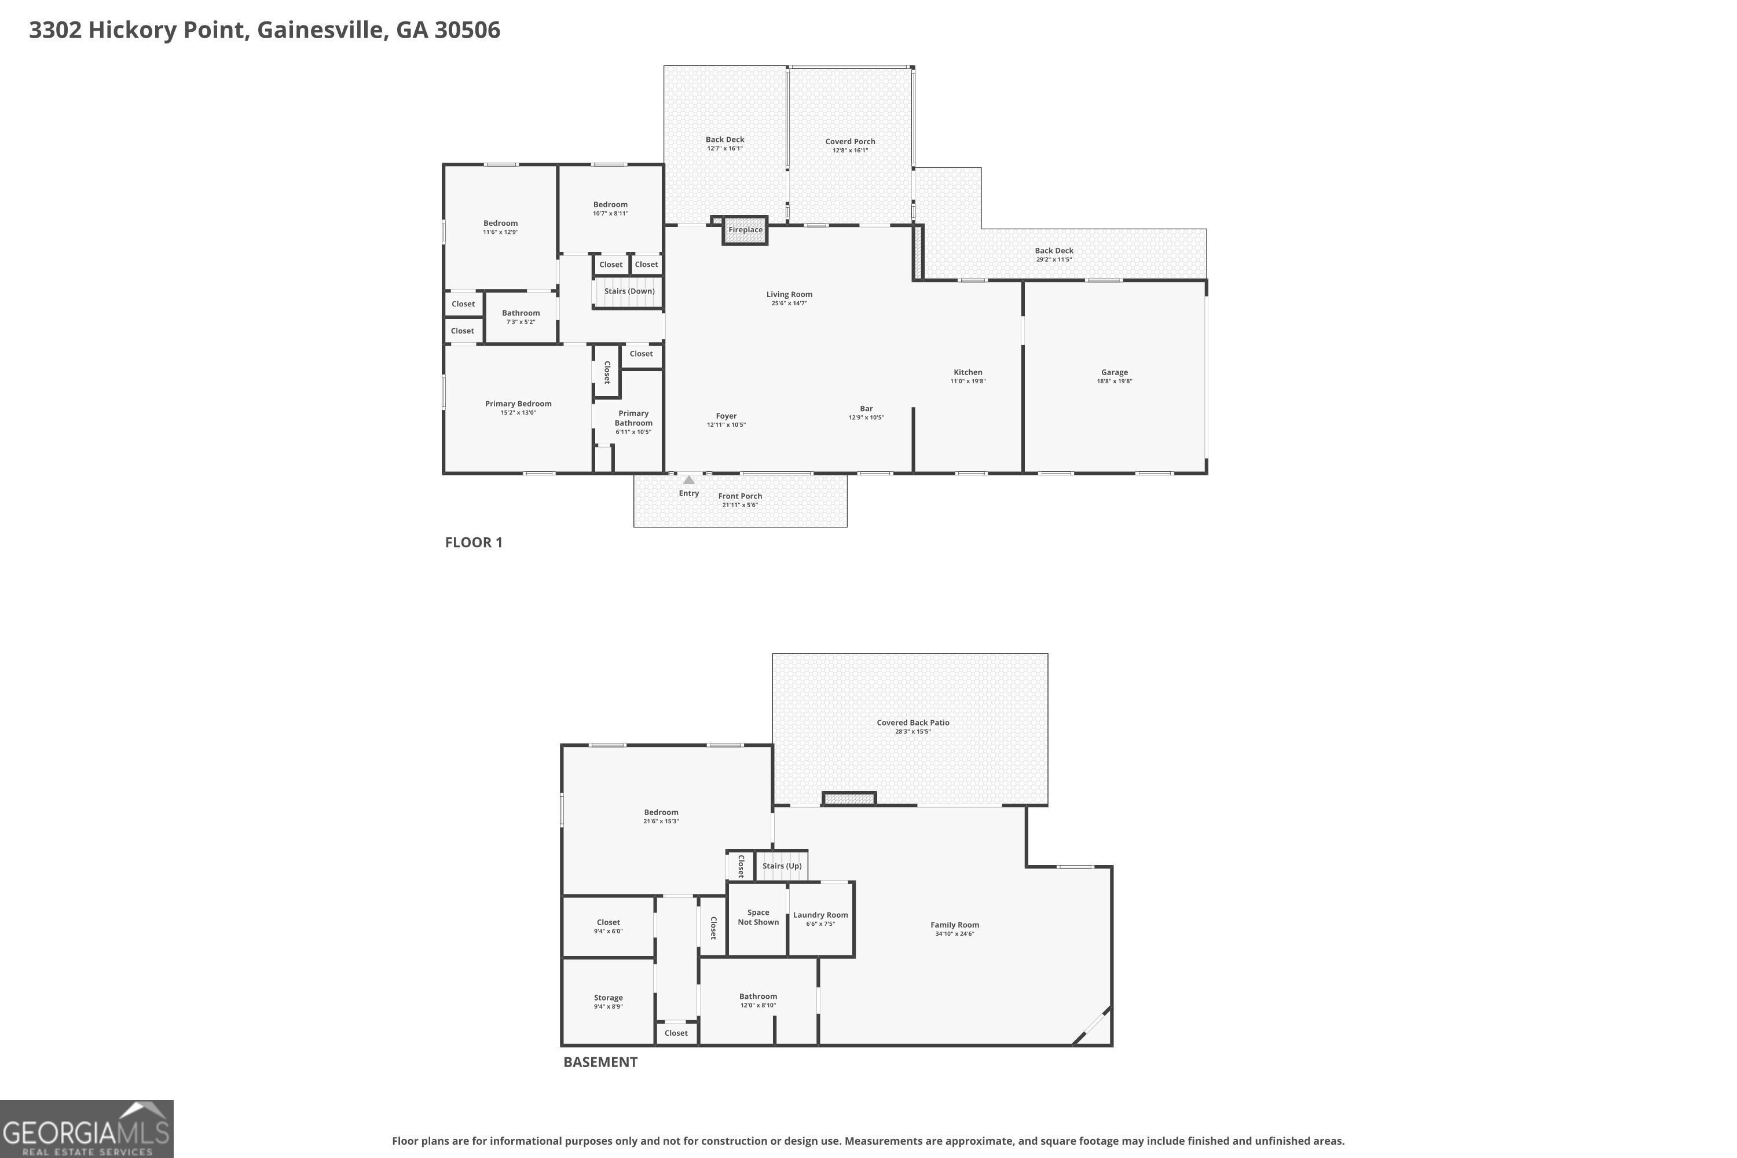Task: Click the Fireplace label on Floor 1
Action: click(745, 230)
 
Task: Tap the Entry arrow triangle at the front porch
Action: click(688, 480)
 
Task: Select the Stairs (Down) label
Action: click(629, 291)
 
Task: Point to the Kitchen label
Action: click(968, 372)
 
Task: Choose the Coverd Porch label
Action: click(850, 141)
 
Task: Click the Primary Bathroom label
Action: click(633, 418)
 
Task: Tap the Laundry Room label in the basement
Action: click(820, 915)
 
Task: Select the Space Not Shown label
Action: click(758, 917)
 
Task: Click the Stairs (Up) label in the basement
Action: click(781, 866)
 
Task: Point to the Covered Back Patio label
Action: click(913, 722)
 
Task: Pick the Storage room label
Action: click(608, 998)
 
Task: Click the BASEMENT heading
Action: click(600, 1062)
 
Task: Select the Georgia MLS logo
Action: click(86, 1129)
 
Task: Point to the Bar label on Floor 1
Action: click(866, 408)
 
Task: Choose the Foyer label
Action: click(726, 416)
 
